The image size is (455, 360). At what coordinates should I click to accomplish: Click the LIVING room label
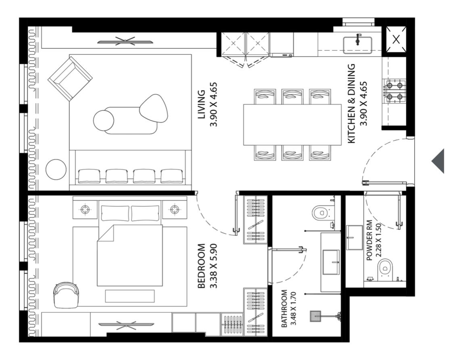point(201,104)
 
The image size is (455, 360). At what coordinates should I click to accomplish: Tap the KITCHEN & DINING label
point(351,104)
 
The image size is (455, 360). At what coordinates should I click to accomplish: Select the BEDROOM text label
point(201,266)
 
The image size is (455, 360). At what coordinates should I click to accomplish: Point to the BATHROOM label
point(284,309)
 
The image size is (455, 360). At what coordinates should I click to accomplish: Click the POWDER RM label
point(369,241)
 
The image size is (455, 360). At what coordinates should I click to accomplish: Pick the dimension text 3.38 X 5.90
point(213,266)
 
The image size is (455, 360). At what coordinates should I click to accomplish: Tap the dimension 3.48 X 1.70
point(293,309)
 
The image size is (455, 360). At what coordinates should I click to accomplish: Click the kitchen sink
point(357,45)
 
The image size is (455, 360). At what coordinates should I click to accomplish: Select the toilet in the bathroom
point(321,212)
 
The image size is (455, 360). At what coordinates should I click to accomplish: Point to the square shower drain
point(315,316)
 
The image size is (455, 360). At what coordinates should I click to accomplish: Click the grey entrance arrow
point(438,161)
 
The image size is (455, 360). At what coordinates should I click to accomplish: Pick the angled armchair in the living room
point(70,79)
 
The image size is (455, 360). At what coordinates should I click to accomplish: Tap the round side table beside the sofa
point(56,169)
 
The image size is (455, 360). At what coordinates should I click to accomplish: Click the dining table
point(292,125)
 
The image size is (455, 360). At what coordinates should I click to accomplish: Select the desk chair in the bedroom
point(66,295)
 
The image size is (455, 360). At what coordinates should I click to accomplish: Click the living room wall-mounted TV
point(125,41)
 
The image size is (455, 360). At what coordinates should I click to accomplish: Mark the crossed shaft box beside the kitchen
point(396,40)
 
